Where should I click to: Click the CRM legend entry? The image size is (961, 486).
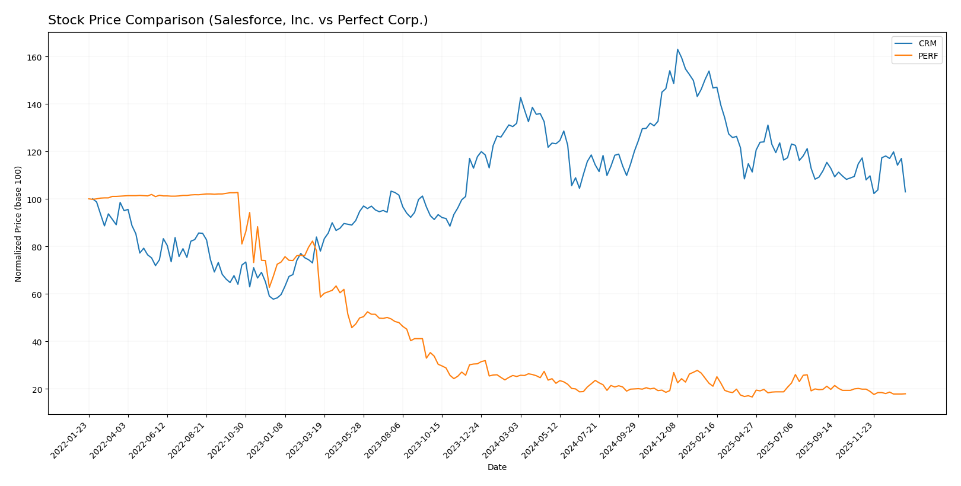pos(927,44)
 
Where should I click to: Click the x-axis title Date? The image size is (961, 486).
pos(497,468)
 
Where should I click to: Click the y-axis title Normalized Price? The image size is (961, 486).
pos(18,223)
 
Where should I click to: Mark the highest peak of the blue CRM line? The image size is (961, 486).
pos(677,49)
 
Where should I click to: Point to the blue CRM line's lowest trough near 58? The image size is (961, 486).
pos(273,299)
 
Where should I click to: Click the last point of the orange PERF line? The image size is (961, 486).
pos(905,393)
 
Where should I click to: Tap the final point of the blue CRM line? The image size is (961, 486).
pos(905,192)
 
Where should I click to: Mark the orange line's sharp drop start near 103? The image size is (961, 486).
pos(238,192)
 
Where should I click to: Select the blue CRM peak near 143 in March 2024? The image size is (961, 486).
pos(520,98)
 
